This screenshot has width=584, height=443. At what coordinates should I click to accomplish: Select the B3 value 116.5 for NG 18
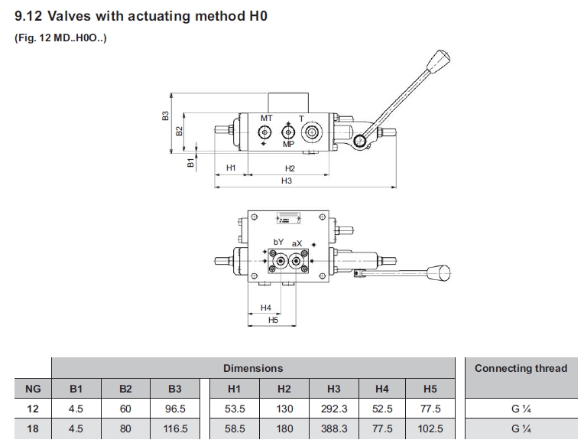point(175,429)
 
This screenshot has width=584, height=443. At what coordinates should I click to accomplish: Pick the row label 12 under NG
point(33,409)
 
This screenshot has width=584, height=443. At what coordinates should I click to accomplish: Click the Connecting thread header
point(521,368)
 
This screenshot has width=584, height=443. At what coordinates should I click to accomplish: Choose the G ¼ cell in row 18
point(521,429)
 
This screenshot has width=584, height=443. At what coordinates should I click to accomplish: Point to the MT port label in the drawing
point(266,119)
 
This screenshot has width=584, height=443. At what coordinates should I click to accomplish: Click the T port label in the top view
point(301,119)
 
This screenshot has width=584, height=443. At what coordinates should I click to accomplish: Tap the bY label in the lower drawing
point(279,243)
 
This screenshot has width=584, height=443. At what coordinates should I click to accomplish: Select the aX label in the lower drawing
point(297,243)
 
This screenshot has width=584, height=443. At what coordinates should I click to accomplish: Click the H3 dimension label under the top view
point(287,181)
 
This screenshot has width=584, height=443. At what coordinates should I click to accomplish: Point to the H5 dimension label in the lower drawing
point(274,320)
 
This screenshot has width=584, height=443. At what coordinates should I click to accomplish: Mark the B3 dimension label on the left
point(165,116)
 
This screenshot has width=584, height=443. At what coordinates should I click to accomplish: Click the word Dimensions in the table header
point(253,368)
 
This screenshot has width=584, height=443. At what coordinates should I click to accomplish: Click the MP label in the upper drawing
point(288,144)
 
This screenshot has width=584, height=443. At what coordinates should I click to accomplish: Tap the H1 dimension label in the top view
point(231,168)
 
